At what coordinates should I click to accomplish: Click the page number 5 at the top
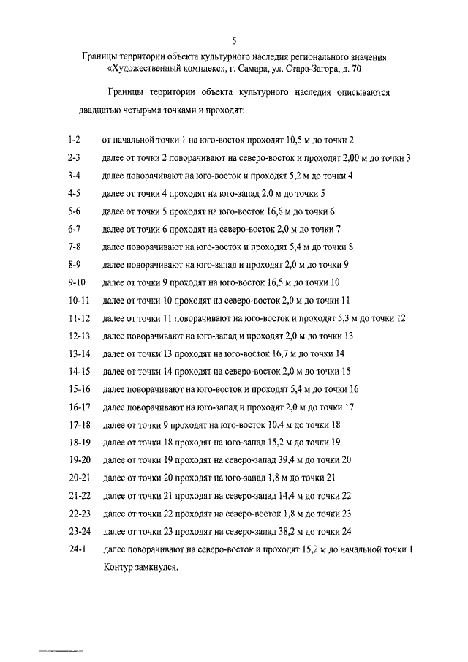234,41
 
